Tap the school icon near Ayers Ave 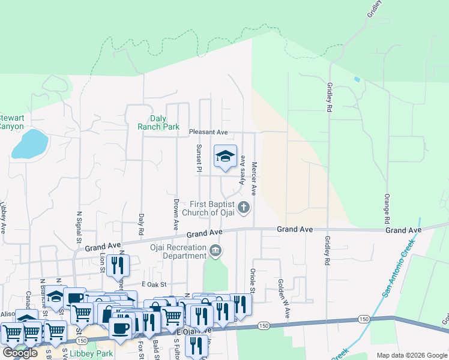226,157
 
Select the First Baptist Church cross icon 243,208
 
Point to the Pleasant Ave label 209,132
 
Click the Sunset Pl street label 198,158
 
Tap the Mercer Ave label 254,179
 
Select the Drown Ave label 176,215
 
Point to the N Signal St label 79,226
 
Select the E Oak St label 152,284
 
